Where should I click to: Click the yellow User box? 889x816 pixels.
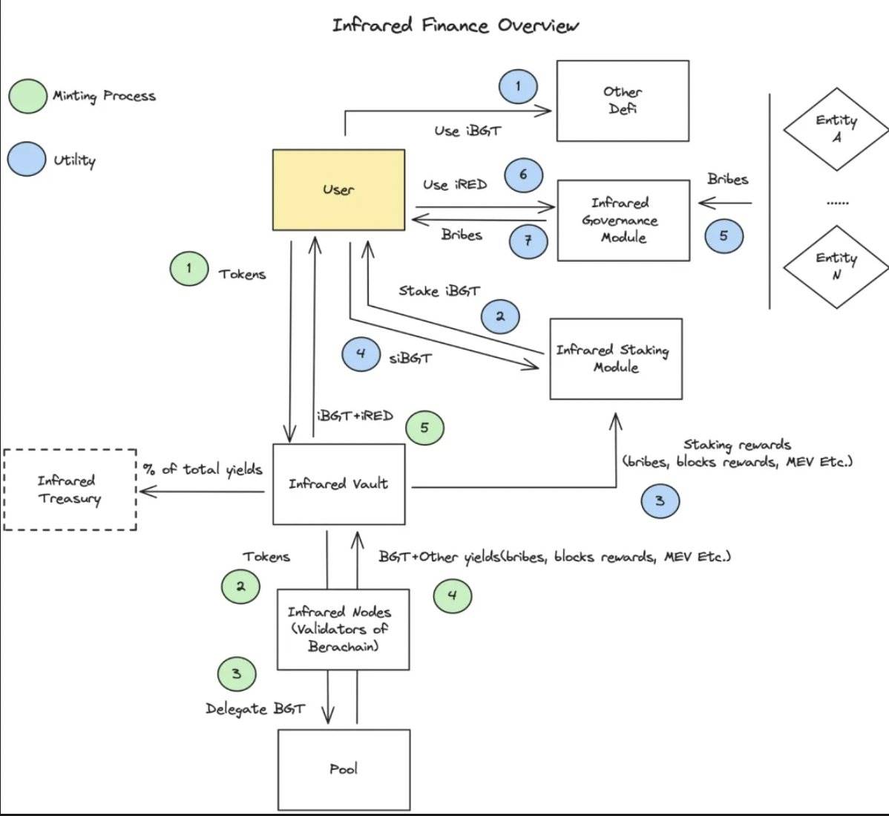tap(338, 189)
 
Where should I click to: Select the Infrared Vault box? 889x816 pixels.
tap(339, 484)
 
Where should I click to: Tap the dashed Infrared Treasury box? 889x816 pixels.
tap(70, 489)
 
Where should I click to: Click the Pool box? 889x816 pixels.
tap(344, 769)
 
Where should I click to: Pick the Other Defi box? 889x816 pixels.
tap(623, 101)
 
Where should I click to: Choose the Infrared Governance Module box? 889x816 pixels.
tap(623, 220)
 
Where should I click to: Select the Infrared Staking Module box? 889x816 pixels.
tap(615, 359)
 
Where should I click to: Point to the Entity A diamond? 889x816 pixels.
tap(836, 128)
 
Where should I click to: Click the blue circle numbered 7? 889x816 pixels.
tap(528, 240)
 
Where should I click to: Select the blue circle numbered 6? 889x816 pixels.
tap(523, 174)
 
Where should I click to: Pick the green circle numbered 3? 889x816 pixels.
tap(237, 674)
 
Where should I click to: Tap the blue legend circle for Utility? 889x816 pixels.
tap(27, 159)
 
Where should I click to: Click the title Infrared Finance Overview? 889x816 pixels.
tap(455, 26)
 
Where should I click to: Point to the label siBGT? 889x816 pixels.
tap(410, 359)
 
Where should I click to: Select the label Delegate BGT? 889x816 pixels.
tap(255, 708)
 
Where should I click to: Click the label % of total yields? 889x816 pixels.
tap(202, 469)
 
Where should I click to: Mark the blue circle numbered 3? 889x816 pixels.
tap(660, 501)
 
